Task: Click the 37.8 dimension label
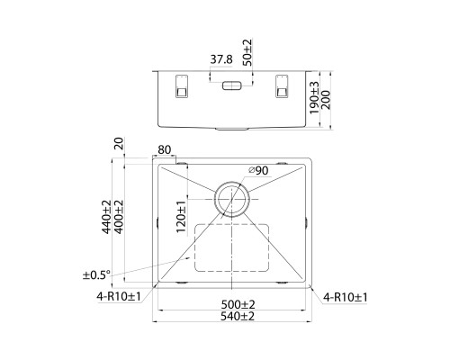tap(221, 59)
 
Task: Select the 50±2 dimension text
tap(247, 52)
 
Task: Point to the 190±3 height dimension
tap(314, 98)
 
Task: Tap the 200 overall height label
tap(326, 100)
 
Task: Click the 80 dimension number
tap(164, 149)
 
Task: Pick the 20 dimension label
tap(119, 144)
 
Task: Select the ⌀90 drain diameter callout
tap(258, 171)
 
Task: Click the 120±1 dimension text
tap(181, 217)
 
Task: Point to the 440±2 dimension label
tap(106, 217)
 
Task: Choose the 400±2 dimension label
tap(119, 217)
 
